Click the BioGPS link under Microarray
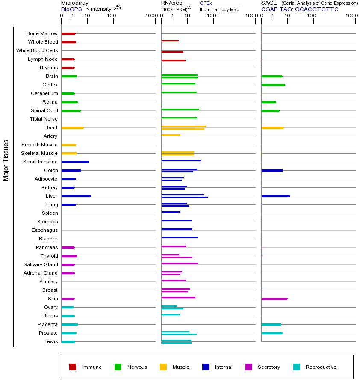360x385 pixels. coord(71,9)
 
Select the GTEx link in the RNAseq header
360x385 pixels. coord(206,3)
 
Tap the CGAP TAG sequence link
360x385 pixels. coord(300,9)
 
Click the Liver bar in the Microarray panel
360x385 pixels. coord(76,196)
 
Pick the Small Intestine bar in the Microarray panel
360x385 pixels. coord(75,162)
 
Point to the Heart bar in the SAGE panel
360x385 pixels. coord(272,127)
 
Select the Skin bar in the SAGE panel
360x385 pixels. coord(274,299)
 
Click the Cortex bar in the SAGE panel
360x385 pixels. coord(273,85)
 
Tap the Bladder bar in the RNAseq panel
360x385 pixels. coord(180,237)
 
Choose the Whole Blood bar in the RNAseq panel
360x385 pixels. coord(170,41)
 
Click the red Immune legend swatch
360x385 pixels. coord(73,367)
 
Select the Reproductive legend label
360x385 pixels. coord(321,367)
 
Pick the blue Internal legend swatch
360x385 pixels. coord(206,367)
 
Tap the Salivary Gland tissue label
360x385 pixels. coord(41,264)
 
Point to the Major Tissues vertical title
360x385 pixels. coord(6,160)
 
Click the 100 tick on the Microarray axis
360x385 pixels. coord(112,16)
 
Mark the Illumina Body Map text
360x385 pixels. coord(219,9)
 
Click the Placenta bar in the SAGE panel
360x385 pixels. coord(271,324)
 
